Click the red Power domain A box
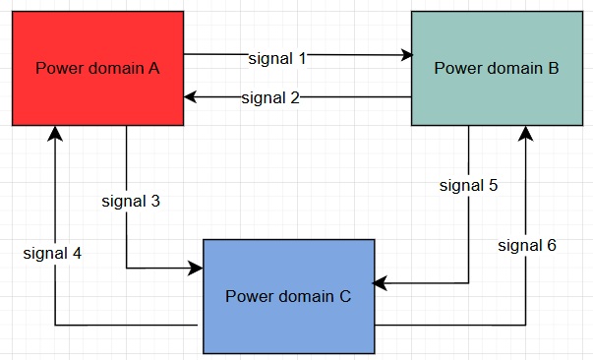click(x=97, y=68)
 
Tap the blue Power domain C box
click(x=288, y=296)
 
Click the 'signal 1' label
click(x=278, y=58)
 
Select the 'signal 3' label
click(x=131, y=201)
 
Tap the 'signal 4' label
click(x=53, y=253)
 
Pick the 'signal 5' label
click(x=468, y=185)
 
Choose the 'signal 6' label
click(x=527, y=245)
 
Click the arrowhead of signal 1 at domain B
click(x=406, y=55)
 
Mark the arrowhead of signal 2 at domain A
click(x=191, y=96)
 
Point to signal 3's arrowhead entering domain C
click(x=197, y=268)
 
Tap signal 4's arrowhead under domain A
click(x=55, y=133)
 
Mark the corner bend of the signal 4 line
click(x=55, y=325)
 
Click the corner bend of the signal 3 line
click(x=127, y=268)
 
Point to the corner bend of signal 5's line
click(x=468, y=285)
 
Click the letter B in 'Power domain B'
click(x=554, y=68)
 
